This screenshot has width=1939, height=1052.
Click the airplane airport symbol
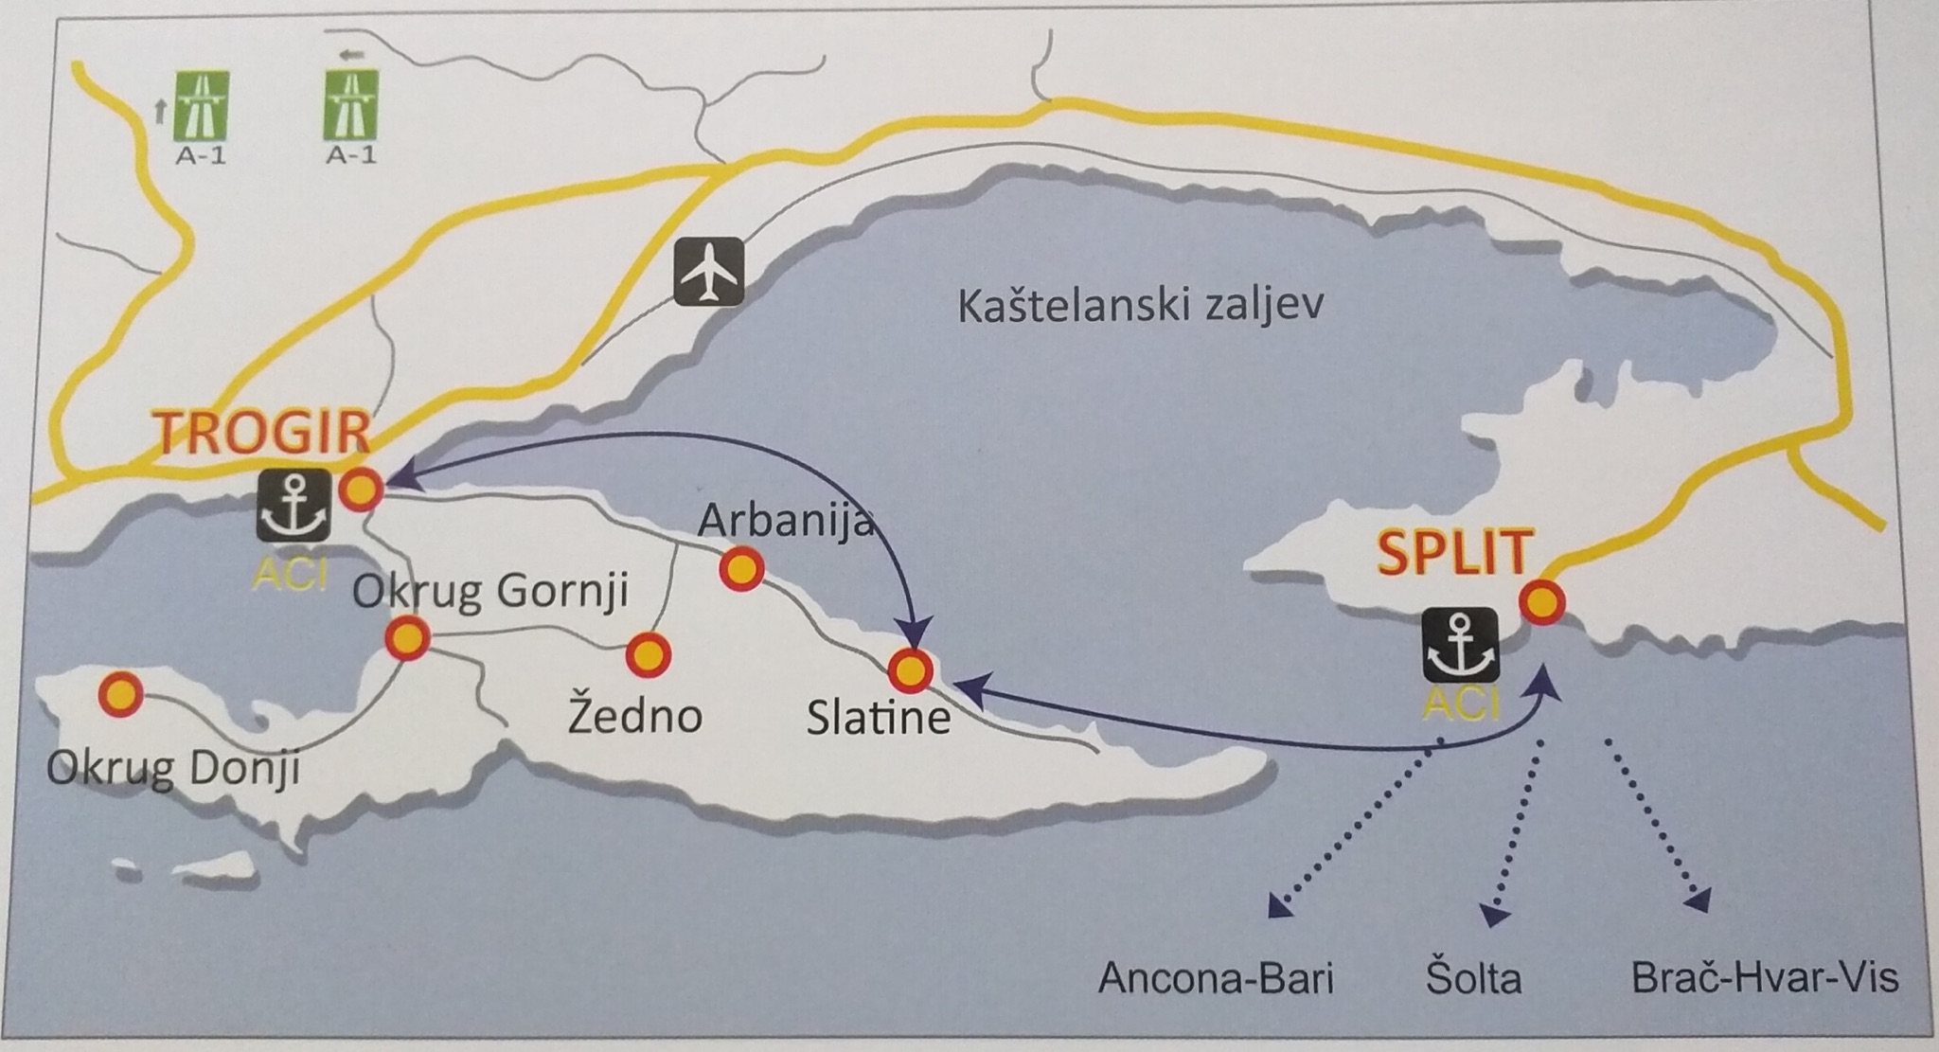tap(708, 273)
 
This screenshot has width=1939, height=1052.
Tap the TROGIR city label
tap(262, 434)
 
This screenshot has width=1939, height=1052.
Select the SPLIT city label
tap(1453, 554)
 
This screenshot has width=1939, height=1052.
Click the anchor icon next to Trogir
tap(294, 505)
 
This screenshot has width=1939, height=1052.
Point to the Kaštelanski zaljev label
tap(1140, 307)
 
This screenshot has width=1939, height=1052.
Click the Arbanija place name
tap(785, 520)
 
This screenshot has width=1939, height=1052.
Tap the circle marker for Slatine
tap(910, 669)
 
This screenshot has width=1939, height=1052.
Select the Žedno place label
tap(634, 715)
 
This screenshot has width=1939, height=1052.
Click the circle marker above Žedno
tap(649, 654)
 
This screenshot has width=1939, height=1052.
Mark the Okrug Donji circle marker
tap(121, 695)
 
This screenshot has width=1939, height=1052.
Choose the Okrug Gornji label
tap(490, 591)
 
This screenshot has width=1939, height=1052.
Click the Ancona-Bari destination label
tap(1216, 978)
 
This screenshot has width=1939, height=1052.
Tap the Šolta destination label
tap(1473, 978)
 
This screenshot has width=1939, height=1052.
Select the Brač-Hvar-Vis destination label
tap(1765, 977)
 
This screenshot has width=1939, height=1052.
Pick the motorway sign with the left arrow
tap(351, 104)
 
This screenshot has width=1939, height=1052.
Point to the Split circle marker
tap(1542, 601)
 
